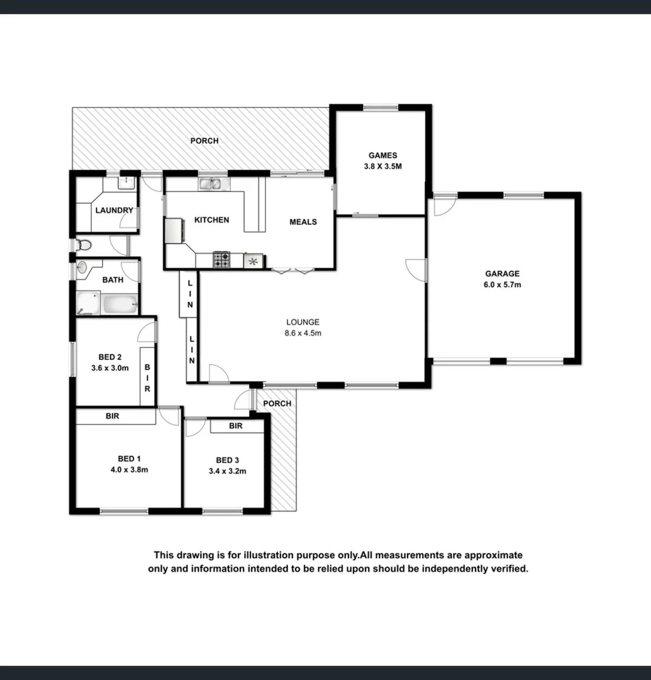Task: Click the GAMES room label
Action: tap(382, 156)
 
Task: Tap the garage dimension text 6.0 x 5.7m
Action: tap(502, 285)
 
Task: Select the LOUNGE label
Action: tap(303, 322)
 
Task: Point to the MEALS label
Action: tap(303, 222)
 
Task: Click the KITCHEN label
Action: tap(211, 220)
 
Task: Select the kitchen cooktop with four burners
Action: tap(221, 259)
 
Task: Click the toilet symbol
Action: tap(83, 245)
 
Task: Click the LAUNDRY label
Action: tap(114, 210)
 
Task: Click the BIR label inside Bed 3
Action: tap(236, 426)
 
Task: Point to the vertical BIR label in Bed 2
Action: tap(148, 377)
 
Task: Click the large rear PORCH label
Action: tap(204, 141)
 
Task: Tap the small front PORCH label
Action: tap(277, 404)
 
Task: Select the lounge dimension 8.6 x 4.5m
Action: tap(303, 333)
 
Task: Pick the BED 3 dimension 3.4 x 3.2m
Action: tap(227, 470)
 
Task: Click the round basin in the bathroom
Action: tap(82, 268)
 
